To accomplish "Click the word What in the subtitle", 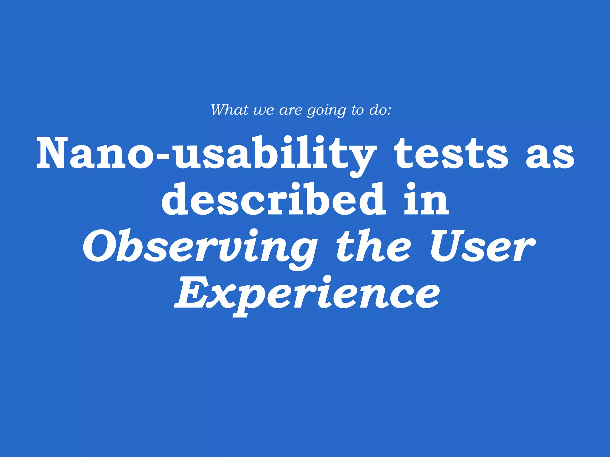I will (x=230, y=110).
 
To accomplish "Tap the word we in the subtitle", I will (x=263, y=111).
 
